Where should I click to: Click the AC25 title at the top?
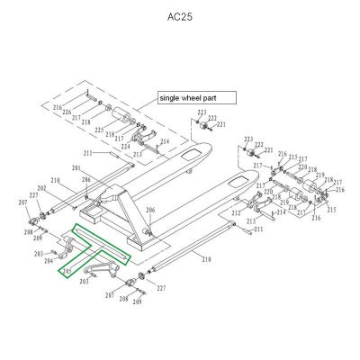point(180,17)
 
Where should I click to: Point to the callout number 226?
point(92,113)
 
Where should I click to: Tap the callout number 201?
point(76,169)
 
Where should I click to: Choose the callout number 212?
point(235,213)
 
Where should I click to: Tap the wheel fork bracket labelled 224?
point(139,137)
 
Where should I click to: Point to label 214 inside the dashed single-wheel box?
point(165,141)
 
